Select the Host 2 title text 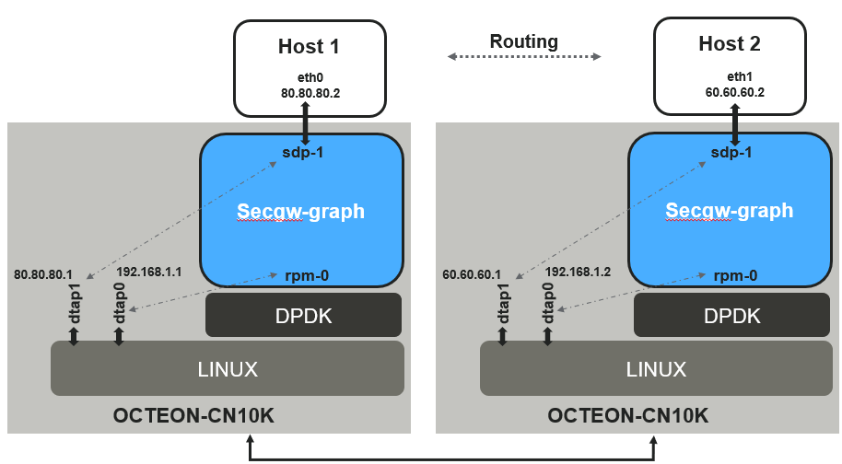point(730,43)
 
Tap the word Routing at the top point(523,41)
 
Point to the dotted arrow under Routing point(523,57)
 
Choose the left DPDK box point(304,316)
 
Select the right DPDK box point(732,316)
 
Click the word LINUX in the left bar point(228,369)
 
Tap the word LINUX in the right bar point(656,369)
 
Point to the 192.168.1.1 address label point(150,273)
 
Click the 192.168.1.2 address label point(579,273)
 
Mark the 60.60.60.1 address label point(473,274)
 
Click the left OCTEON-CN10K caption point(193,416)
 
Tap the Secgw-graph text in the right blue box point(729,211)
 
